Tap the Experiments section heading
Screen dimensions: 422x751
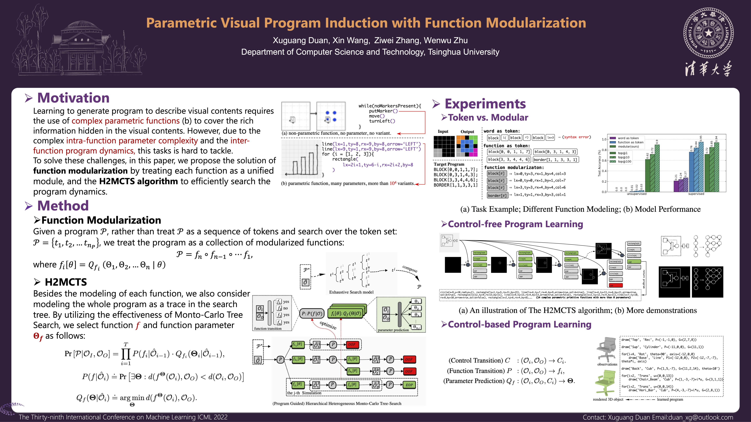(x=485, y=104)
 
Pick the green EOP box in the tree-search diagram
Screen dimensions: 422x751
(x=409, y=385)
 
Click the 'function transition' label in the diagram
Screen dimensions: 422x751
(x=268, y=329)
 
